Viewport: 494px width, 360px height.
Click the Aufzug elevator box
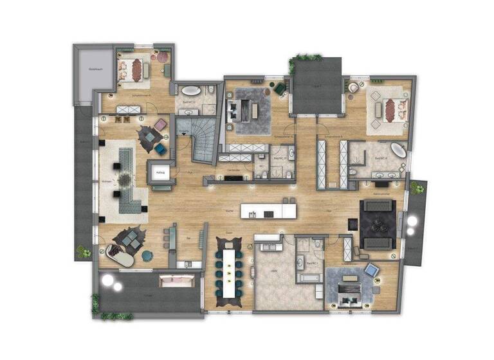[160, 172]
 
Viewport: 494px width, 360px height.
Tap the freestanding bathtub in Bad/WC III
[190, 91]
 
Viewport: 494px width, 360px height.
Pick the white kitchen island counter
[269, 211]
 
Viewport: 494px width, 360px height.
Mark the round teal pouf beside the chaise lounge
[147, 256]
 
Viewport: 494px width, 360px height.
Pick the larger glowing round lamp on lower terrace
[107, 282]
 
